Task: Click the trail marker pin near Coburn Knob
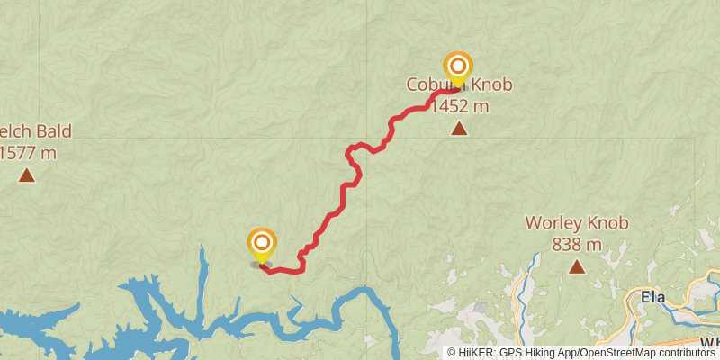coord(458,67)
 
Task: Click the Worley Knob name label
coord(576,223)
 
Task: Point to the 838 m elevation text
coord(576,244)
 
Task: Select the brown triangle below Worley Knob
coord(576,266)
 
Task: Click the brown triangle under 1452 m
coord(459,129)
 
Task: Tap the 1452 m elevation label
coord(459,107)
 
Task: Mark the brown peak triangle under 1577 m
coord(27,175)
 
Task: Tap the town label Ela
coord(652,297)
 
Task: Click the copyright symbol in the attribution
coord(452,352)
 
